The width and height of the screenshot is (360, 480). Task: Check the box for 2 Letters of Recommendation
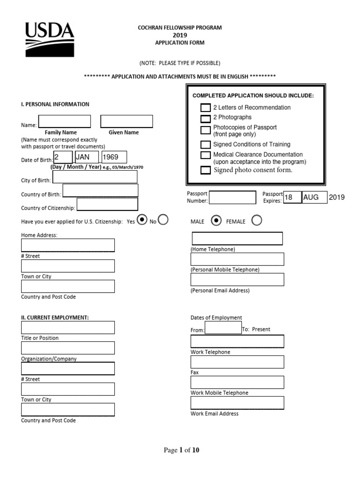[205, 108]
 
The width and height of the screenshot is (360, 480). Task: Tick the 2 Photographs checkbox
[205, 118]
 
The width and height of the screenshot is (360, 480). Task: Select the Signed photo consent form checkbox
[205, 170]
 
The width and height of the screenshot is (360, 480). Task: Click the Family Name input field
[65, 121]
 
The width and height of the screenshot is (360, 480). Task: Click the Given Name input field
[127, 121]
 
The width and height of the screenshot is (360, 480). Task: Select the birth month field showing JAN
[86, 157]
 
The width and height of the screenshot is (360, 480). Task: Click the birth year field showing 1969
[114, 157]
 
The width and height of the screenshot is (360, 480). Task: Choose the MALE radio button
[216, 221]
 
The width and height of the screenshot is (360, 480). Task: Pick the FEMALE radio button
[257, 221]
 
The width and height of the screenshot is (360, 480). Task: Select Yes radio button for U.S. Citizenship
[142, 220]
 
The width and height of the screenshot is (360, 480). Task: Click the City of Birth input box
[95, 177]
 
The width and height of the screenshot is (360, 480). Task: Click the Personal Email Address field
[237, 279]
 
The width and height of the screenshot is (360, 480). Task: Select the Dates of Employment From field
[223, 327]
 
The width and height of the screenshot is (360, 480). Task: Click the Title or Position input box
[67, 327]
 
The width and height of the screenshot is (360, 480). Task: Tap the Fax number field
[237, 362]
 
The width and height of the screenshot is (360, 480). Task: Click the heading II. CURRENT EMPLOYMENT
[55, 317]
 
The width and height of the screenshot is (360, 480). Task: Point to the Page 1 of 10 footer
[181, 450]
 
